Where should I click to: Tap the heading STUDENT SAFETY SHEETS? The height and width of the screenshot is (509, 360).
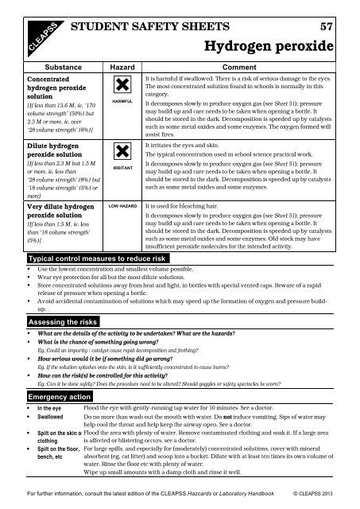coord(152,27)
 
